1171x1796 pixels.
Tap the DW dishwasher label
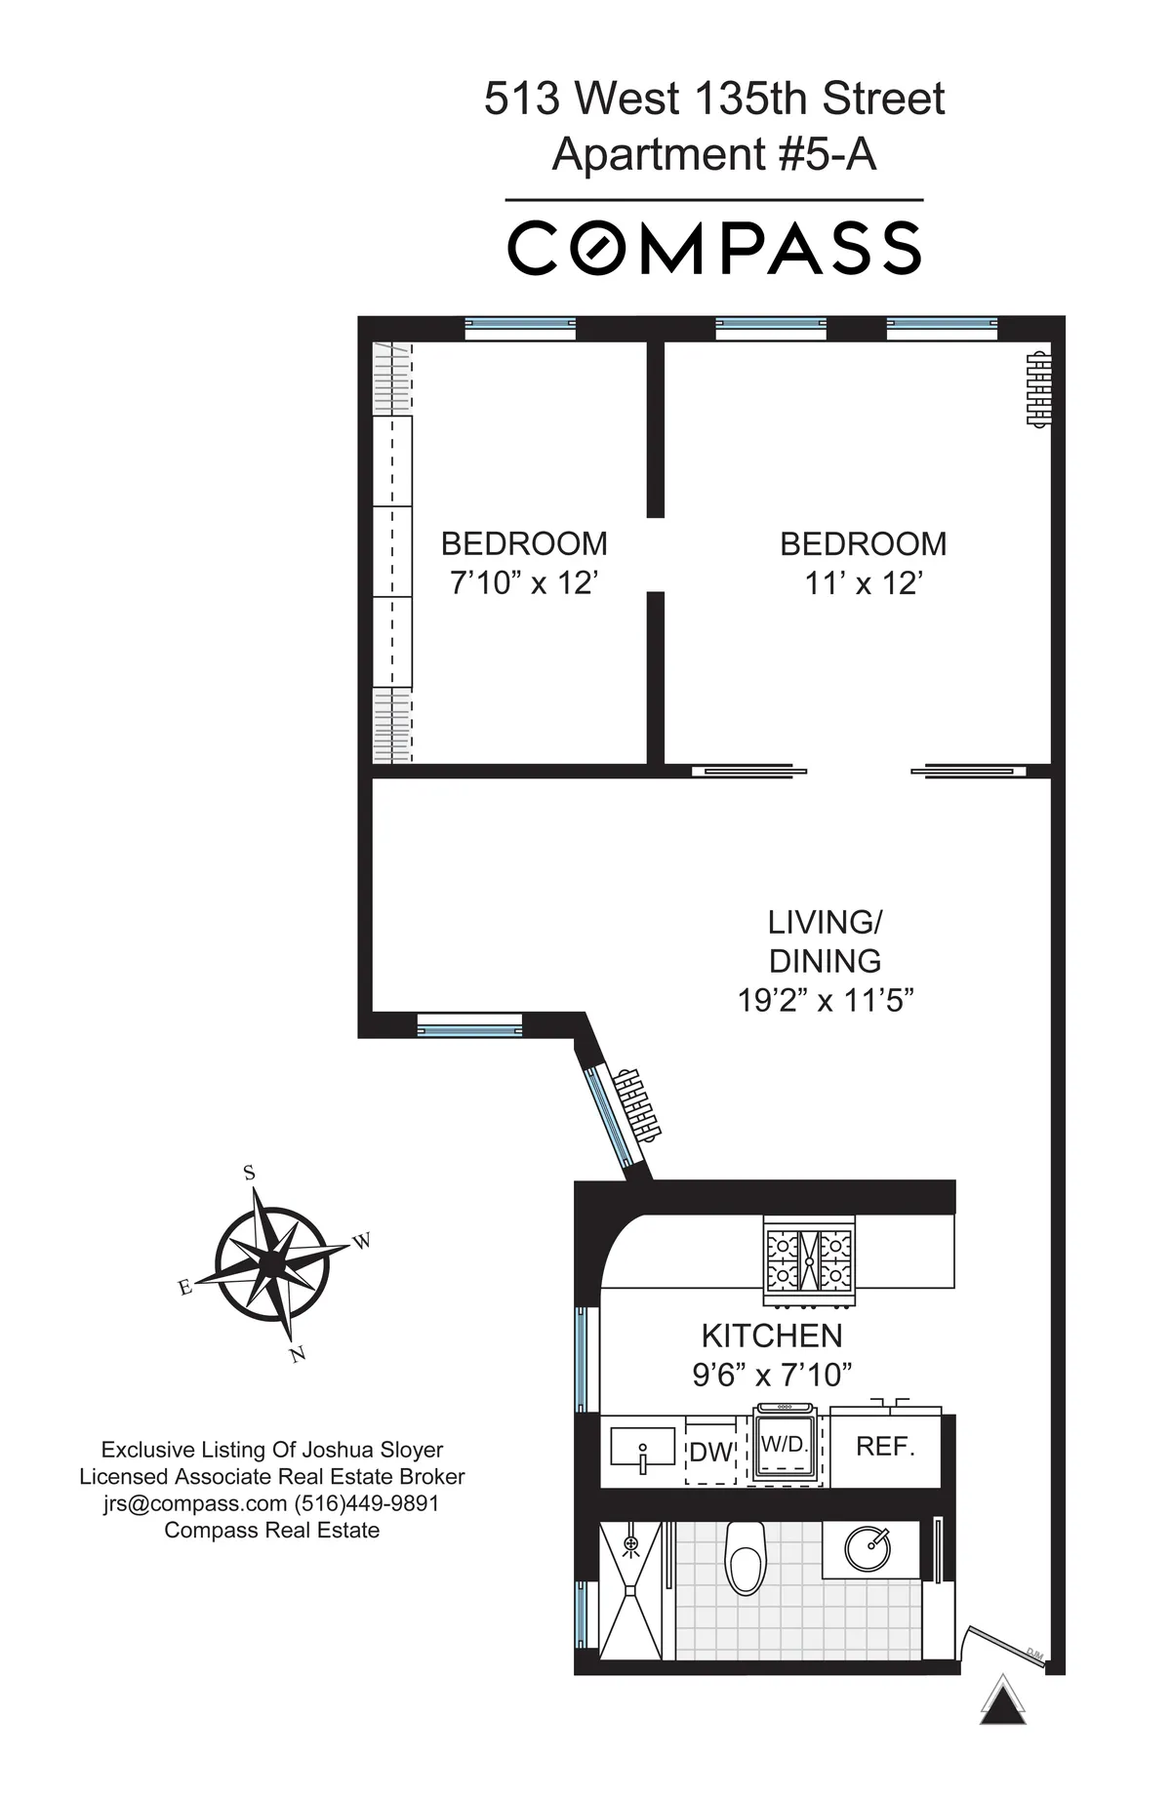[710, 1453]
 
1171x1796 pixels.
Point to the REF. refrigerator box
[885, 1447]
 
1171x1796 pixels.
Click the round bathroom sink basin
[867, 1547]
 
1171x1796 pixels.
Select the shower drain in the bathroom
[631, 1543]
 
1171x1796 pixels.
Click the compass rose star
[271, 1264]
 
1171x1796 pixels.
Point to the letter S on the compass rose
[249, 1174]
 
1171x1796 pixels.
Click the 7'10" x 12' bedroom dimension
[523, 583]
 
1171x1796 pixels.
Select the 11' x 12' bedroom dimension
[864, 583]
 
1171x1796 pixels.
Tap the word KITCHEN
[772, 1336]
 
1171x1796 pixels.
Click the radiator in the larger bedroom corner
[1038, 387]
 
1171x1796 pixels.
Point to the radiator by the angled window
[638, 1104]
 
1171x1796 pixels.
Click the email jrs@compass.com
[195, 1503]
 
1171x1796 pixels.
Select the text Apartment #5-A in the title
[714, 155]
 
